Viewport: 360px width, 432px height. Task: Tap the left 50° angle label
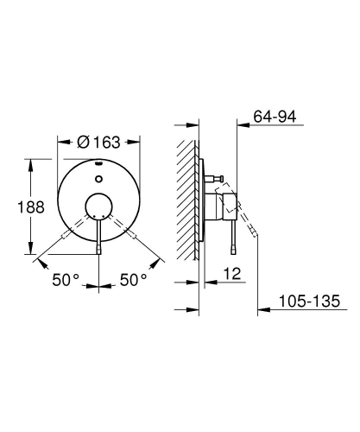pos(64,281)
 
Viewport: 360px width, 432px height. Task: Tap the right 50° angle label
pos(132,281)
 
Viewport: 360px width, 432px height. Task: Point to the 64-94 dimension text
pos(275,117)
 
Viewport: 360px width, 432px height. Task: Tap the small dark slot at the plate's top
pos(98,163)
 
